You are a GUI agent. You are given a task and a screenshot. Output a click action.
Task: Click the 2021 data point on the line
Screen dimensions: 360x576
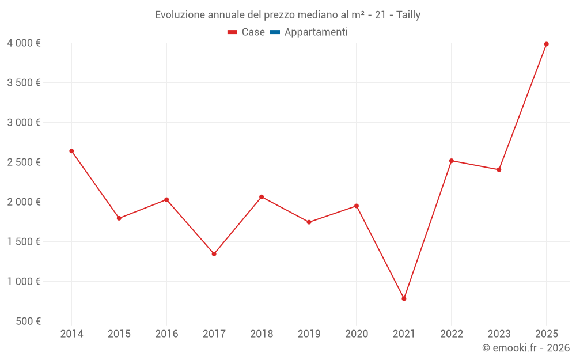pos(404,298)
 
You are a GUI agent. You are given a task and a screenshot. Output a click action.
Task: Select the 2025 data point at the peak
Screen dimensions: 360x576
pos(547,44)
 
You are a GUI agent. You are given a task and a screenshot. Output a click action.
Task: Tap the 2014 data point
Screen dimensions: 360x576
pos(71,151)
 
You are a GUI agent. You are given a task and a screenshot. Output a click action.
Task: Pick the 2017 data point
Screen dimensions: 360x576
pos(214,254)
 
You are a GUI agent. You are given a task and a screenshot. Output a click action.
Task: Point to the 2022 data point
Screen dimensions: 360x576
pos(452,161)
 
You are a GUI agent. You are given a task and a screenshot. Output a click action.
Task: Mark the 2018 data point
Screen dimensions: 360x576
pos(262,197)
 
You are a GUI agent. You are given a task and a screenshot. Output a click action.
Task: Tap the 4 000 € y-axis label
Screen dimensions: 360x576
pos(24,43)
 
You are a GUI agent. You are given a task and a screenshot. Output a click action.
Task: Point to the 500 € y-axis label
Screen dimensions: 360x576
pos(28,321)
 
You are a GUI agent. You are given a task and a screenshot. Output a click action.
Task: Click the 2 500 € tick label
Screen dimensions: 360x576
pos(24,162)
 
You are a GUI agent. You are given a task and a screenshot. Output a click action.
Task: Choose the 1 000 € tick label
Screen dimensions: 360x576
pos(24,282)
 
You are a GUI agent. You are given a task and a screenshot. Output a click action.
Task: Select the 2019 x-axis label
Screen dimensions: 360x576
pos(309,334)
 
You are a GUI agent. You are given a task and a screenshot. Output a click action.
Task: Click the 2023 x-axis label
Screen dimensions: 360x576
pos(499,334)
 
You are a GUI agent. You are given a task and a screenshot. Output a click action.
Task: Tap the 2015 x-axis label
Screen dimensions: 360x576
pos(119,334)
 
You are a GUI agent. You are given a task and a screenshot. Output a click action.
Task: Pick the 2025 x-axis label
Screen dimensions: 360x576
pos(547,334)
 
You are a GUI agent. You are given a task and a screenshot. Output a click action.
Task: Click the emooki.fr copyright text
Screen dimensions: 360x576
pos(526,348)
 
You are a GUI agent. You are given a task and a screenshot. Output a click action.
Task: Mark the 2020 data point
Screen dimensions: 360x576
pos(357,206)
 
